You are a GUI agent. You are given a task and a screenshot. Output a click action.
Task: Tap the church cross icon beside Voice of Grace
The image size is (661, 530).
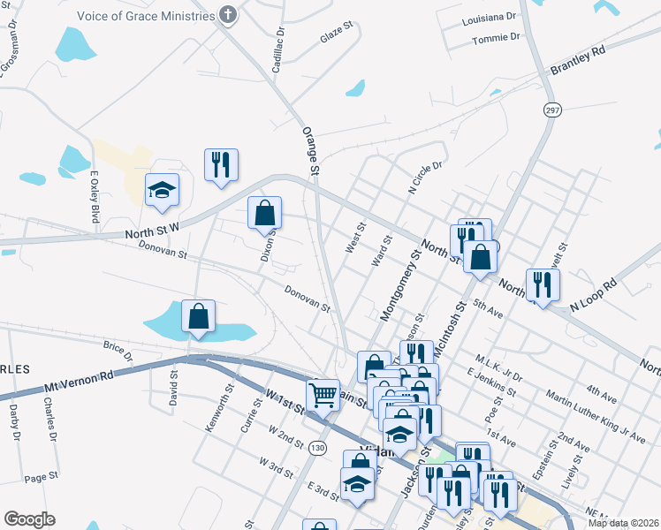tap(228, 14)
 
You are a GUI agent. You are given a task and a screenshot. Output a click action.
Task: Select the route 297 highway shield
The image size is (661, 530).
tap(552, 109)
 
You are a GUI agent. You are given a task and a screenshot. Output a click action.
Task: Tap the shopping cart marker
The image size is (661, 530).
tap(324, 394)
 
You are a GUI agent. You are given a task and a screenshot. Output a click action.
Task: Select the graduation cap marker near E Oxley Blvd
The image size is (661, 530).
tap(162, 190)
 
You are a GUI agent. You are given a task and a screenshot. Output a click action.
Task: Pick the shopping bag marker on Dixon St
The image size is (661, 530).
tap(264, 213)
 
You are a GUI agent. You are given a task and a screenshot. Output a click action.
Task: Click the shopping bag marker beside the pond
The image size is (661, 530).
tap(199, 315)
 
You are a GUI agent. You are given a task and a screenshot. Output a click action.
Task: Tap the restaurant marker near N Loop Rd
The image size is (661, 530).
tap(542, 284)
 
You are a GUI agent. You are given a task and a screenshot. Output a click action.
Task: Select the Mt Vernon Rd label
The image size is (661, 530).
tap(80, 382)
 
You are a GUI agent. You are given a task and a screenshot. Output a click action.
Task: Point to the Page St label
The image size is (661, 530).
tap(42, 477)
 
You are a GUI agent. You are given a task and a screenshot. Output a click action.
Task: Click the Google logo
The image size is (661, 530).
tap(29, 519)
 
